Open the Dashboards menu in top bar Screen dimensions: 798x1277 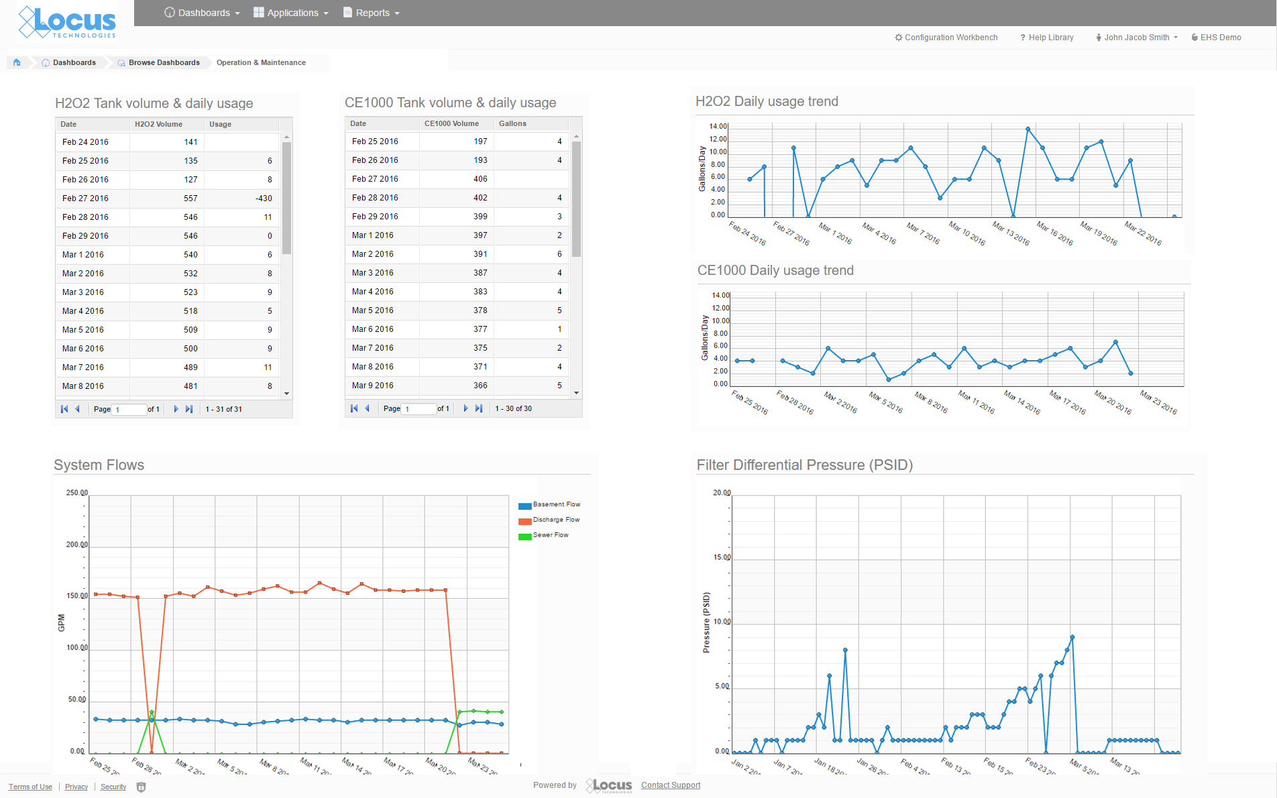tap(202, 13)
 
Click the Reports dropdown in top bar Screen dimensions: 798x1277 tap(372, 13)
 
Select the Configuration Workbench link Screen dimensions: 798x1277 tap(946, 38)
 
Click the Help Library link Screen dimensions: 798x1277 tap(1047, 38)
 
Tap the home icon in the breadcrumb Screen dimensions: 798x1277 tap(17, 62)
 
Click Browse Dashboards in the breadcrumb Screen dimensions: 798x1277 tap(164, 62)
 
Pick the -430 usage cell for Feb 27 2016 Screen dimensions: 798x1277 tap(264, 198)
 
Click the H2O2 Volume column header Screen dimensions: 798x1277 tap(158, 124)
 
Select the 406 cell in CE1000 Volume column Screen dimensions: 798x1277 tap(480, 179)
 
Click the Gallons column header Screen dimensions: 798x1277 tap(512, 123)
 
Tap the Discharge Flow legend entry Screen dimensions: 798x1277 tap(555, 520)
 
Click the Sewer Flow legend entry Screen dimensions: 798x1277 tap(550, 535)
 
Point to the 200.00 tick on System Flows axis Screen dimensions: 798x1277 tap(76, 545)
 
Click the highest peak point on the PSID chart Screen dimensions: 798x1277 tap(1072, 637)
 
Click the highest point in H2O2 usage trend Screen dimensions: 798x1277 tap(1028, 129)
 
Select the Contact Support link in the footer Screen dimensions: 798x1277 tap(670, 785)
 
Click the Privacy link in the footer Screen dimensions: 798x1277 tap(76, 787)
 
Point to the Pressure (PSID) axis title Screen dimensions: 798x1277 tap(706, 622)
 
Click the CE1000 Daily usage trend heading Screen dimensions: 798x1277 tap(775, 270)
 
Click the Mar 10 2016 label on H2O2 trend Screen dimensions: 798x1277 tap(967, 233)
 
